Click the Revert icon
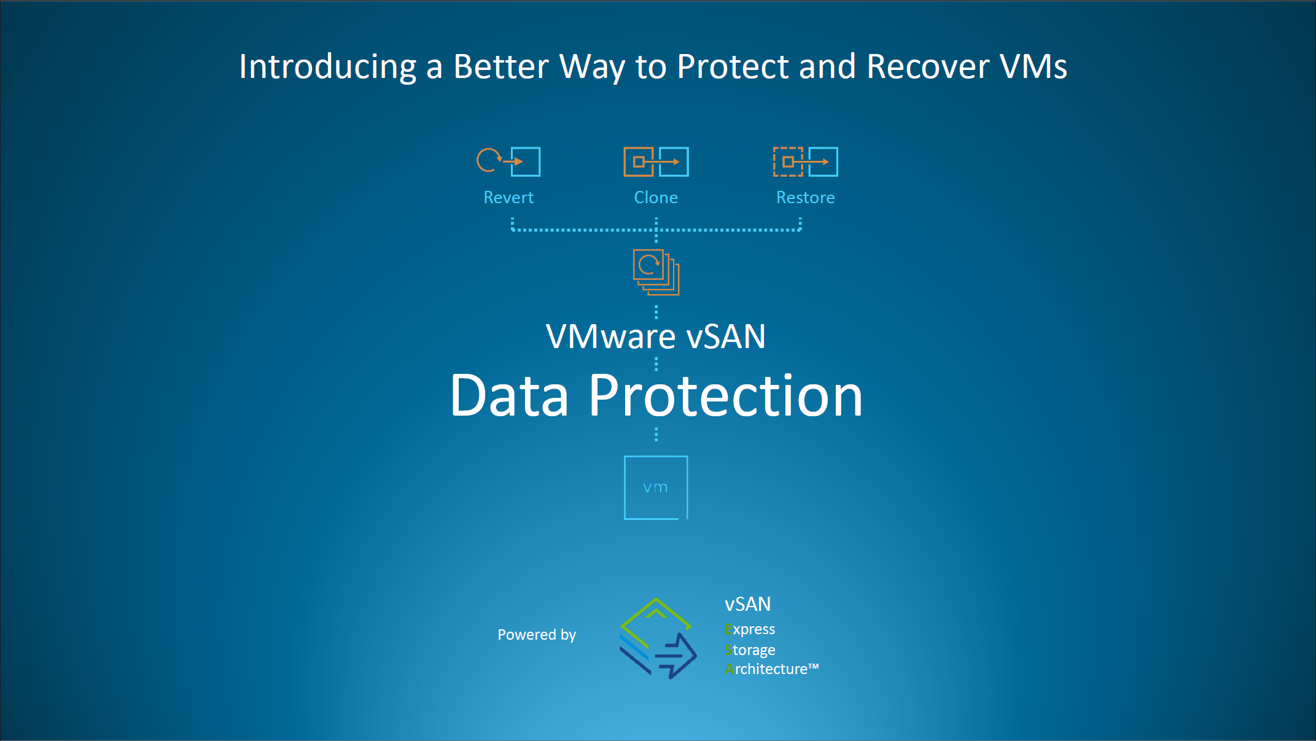508,161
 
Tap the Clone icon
656,161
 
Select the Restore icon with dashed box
805,161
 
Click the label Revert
508,198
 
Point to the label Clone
656,198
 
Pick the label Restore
805,198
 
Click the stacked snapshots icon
656,272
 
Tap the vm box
655,487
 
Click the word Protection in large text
725,397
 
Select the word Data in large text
510,397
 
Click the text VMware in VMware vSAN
610,337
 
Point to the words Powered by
537,635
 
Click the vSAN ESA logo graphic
658,638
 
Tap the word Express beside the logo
750,630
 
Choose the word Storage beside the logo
750,650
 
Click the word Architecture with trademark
771,669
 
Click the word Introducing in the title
327,67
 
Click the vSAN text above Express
747,605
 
